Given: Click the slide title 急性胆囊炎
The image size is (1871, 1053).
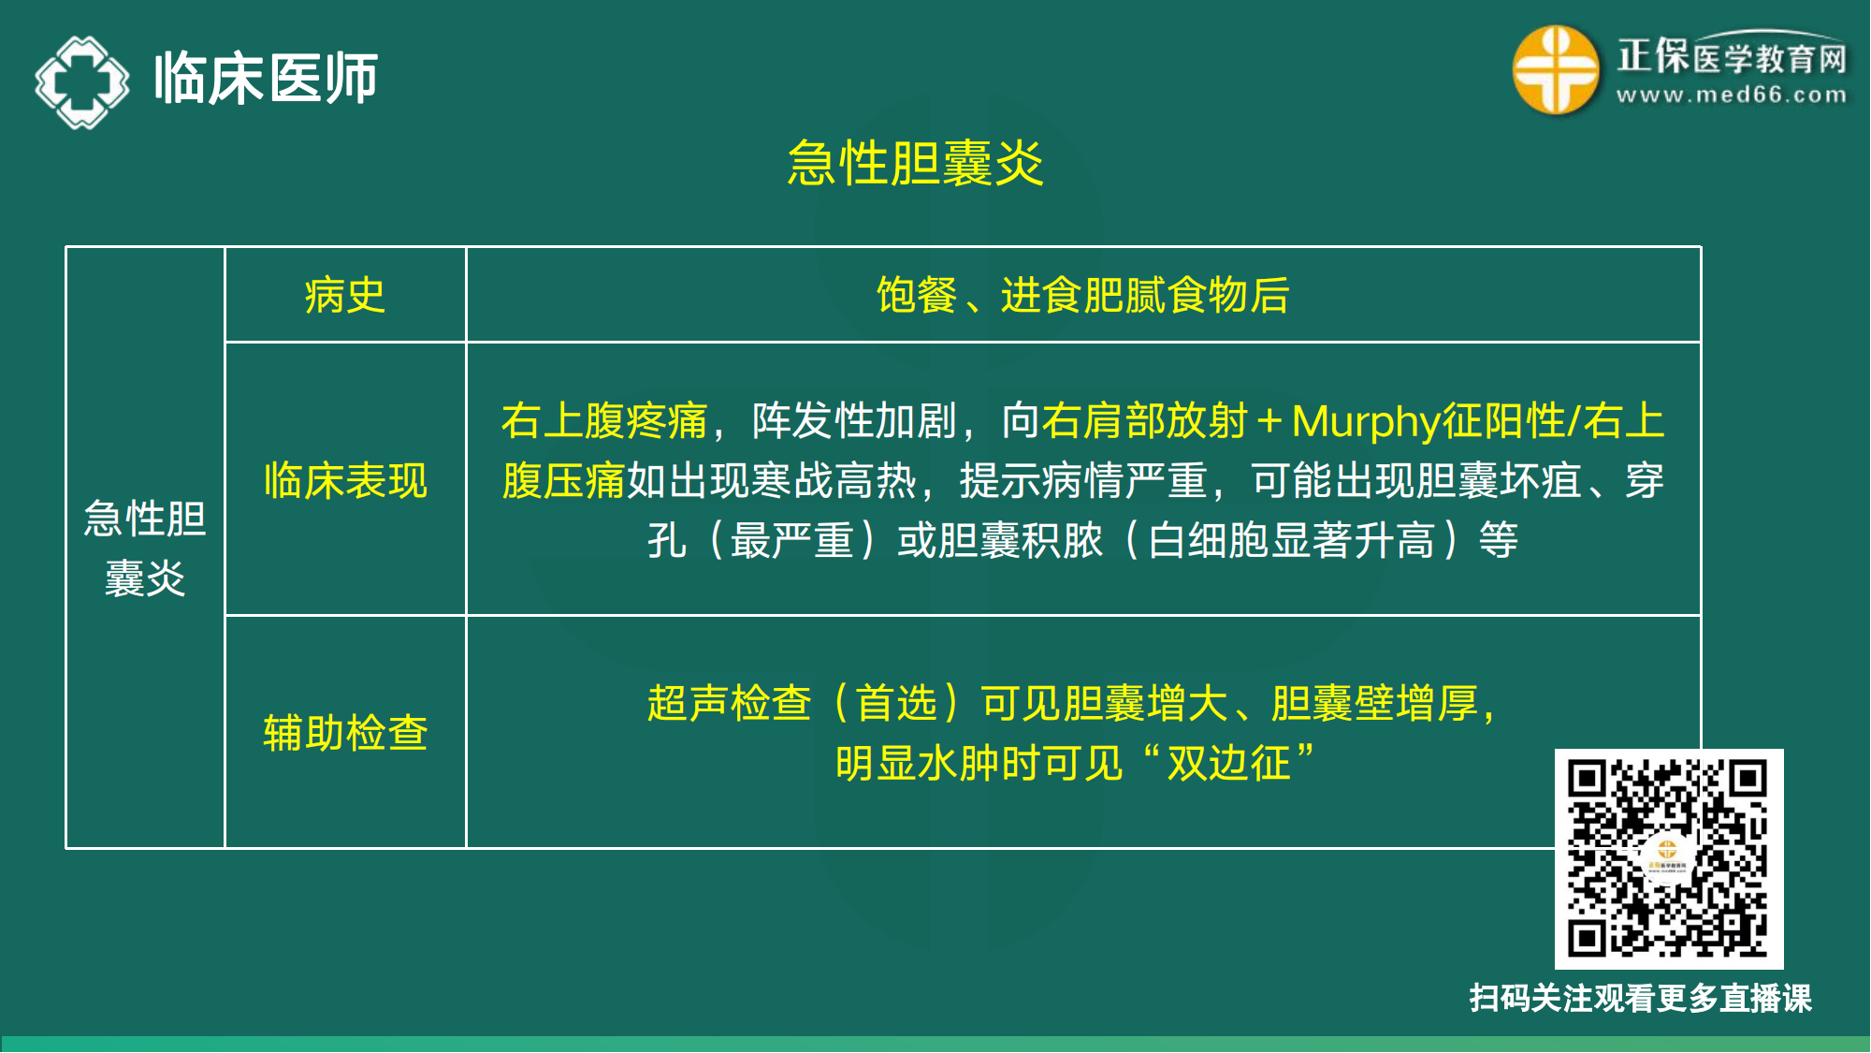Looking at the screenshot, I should coord(915,164).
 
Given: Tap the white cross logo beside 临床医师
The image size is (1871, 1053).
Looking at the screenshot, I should coord(82,81).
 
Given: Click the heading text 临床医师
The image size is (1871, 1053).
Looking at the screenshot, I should coord(266,78).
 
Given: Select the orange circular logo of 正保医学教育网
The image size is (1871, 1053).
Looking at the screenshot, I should coord(1555,70).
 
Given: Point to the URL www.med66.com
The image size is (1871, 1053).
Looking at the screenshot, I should coord(1732,95).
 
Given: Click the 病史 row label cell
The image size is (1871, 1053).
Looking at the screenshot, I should coord(345,296).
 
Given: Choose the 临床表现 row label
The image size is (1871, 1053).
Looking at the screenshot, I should coord(345,480).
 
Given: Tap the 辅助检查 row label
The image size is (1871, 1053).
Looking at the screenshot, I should coord(345,732).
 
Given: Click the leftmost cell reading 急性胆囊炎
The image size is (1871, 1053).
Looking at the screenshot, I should coord(145,548).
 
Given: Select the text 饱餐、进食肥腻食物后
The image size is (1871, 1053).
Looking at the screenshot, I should coord(1082,296).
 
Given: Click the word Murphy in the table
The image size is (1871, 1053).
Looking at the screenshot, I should coord(1366,421).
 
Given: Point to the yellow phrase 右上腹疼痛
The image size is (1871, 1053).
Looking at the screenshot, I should coord(604,421).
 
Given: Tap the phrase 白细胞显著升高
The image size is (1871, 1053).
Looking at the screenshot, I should coord(1291,540).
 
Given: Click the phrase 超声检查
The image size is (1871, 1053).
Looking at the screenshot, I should coord(729,703).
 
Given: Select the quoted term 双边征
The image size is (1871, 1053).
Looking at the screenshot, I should coord(1228,763).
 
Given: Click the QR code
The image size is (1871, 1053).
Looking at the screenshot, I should coord(1668,858).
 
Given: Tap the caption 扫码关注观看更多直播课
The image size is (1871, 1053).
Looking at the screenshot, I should coord(1640,998).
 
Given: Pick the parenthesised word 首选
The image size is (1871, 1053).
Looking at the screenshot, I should coord(896,703).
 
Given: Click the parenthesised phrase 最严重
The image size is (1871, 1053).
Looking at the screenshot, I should coord(791,540).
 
